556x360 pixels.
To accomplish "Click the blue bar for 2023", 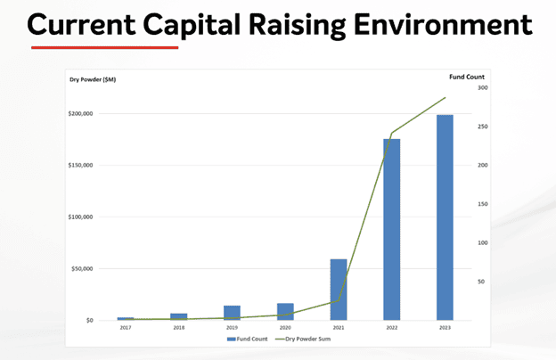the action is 445,217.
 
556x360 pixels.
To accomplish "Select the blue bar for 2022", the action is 391,230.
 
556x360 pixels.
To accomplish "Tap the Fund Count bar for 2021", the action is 339,290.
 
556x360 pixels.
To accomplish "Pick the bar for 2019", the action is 232,313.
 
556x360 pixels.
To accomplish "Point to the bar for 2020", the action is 285,312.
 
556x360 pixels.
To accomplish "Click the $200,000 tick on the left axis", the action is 80,113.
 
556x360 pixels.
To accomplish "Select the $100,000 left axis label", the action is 80,217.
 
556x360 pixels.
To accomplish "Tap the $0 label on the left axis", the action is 90,320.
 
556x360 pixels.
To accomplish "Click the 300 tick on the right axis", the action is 483,87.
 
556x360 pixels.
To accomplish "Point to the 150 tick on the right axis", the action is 483,204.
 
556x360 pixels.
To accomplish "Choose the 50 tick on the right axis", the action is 481,282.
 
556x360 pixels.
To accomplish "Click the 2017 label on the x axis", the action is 126,328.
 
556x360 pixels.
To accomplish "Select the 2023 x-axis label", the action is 445,328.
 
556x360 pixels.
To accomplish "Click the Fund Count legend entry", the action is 247,340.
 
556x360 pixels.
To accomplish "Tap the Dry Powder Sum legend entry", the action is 303,340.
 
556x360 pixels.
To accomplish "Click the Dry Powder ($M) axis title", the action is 93,79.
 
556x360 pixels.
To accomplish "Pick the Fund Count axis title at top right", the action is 467,77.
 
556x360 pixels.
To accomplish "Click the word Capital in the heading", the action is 192,25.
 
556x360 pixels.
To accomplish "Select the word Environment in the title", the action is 443,25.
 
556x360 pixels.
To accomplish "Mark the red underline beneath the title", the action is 104,47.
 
